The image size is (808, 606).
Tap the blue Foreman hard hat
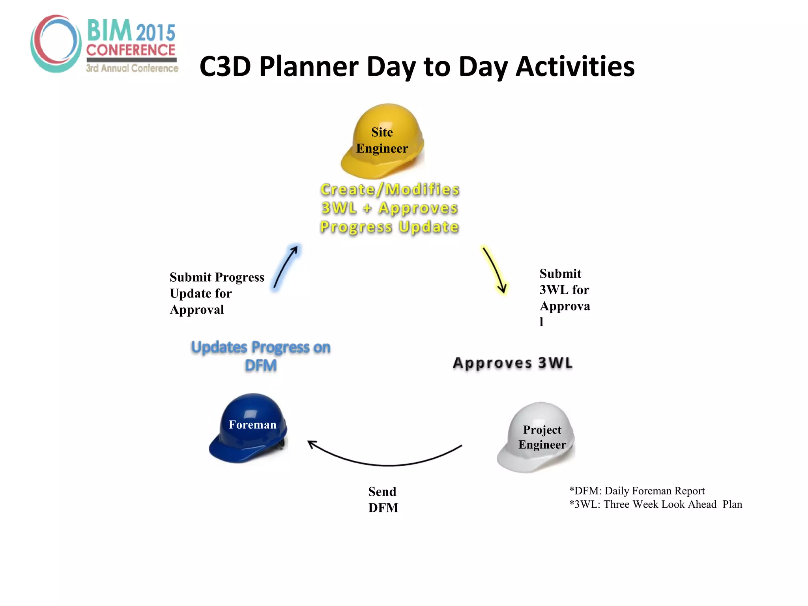[x=249, y=428]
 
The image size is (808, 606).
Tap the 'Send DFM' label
[x=383, y=499]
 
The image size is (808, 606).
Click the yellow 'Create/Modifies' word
[x=390, y=189]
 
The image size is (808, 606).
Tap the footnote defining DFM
[x=636, y=491]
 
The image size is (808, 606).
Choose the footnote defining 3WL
[x=655, y=505]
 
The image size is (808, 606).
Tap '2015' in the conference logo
[x=156, y=33]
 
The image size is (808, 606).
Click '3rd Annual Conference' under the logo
[x=132, y=68]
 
